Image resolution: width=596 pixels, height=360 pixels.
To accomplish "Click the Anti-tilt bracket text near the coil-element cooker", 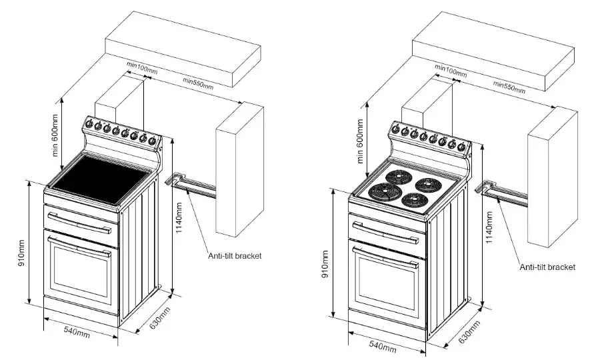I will [x=547, y=267].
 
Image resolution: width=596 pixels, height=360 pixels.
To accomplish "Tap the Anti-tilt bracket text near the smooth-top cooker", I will [x=235, y=255].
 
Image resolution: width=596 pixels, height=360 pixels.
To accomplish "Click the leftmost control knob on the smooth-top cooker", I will [x=89, y=124].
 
